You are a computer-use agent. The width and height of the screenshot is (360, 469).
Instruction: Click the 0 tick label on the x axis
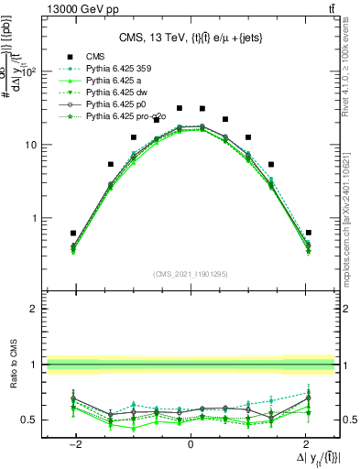click(191, 445)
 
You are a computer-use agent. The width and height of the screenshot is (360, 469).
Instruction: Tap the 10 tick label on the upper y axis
click(30, 146)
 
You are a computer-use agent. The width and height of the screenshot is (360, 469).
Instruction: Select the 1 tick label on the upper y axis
click(34, 219)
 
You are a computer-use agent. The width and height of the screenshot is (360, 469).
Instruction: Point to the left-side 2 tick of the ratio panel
click(34, 310)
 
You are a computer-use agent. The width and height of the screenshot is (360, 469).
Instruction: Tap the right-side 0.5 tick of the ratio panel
click(349, 420)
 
